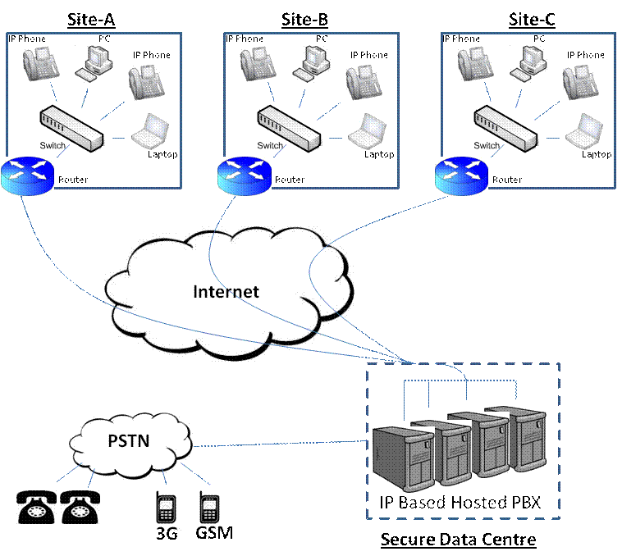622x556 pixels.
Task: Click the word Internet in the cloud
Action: pyautogui.click(x=226, y=292)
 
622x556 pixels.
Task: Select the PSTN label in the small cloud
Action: pyautogui.click(x=129, y=441)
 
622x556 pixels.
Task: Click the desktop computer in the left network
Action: pyautogui.click(x=93, y=62)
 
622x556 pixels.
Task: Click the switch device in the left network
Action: pyautogui.click(x=72, y=128)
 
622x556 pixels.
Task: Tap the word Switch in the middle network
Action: pyautogui.click(x=270, y=146)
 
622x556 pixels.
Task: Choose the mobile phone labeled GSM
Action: pyautogui.click(x=208, y=507)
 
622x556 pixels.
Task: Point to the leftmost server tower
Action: pyautogui.click(x=403, y=459)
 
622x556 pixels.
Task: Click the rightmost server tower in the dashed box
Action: pyautogui.click(x=528, y=439)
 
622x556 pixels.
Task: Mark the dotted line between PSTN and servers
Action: pyautogui.click(x=279, y=444)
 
